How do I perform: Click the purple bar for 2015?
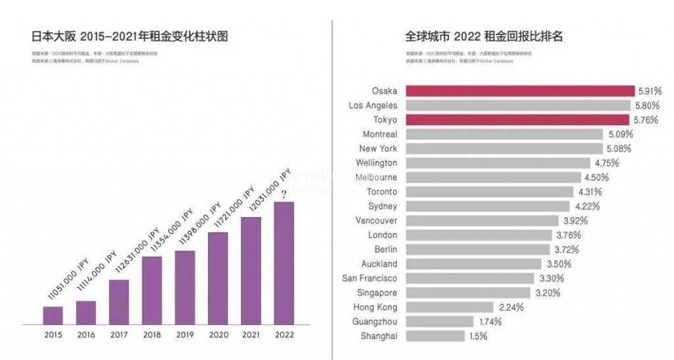click(53, 316)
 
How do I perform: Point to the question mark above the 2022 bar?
click(284, 194)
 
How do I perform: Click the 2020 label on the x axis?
click(218, 334)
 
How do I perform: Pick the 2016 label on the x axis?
click(86, 334)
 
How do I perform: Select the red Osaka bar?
click(519, 91)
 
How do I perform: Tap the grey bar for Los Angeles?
click(519, 105)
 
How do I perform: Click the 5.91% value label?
click(651, 91)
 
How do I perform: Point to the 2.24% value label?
click(511, 307)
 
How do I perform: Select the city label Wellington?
click(376, 163)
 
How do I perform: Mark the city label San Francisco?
click(369, 278)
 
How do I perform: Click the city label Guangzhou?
click(375, 322)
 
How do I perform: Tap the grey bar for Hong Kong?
click(449, 307)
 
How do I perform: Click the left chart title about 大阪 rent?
click(130, 36)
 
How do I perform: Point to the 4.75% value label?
click(607, 163)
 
